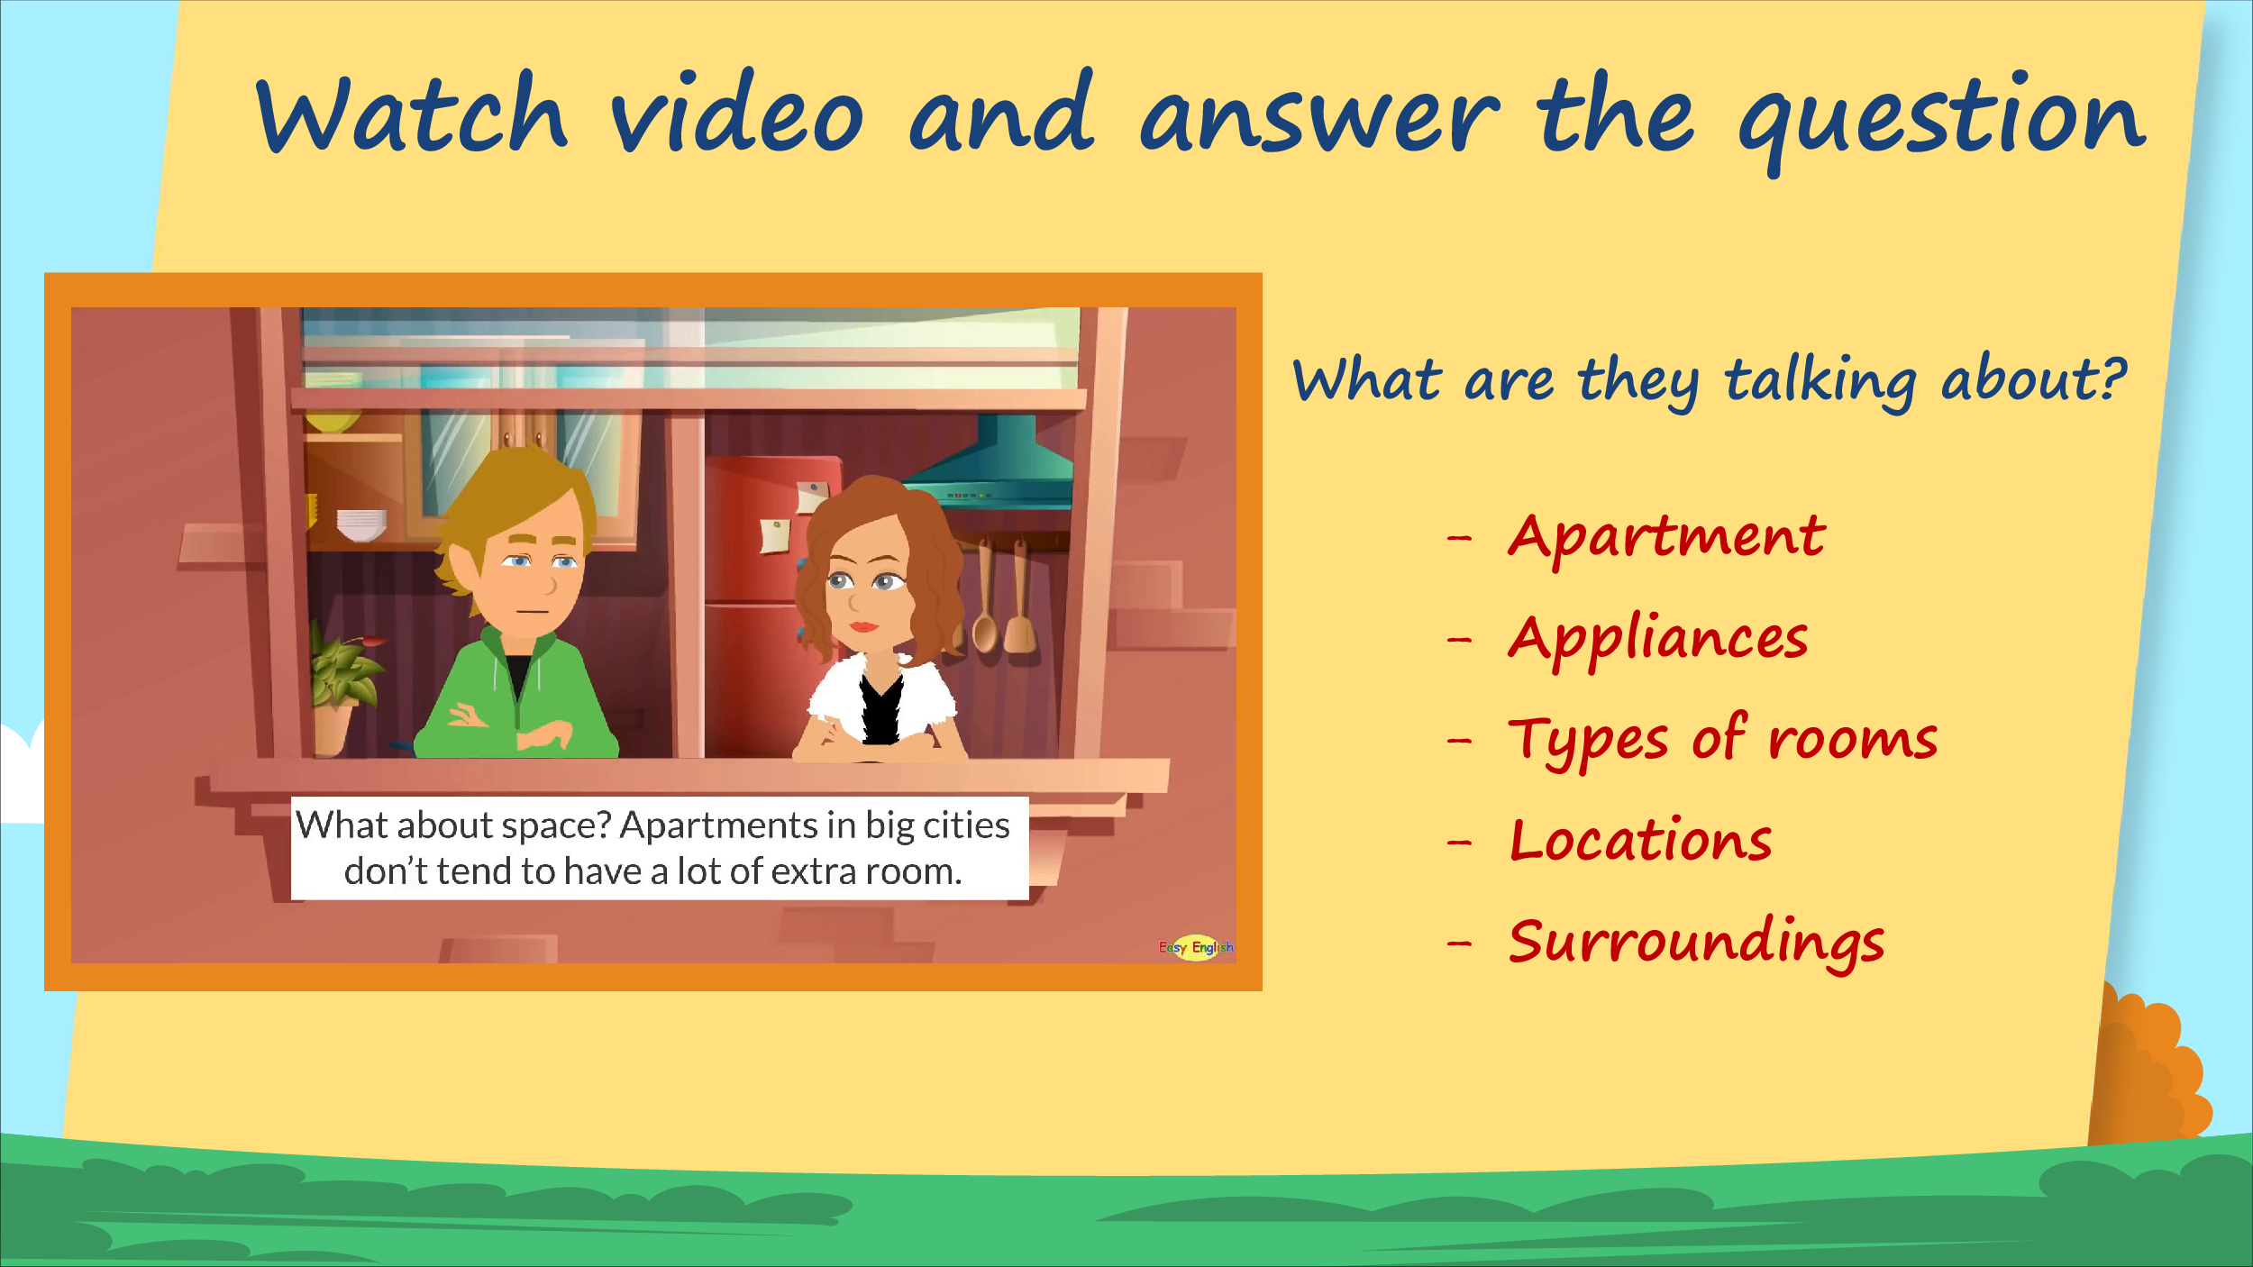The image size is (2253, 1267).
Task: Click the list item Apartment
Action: point(1667,538)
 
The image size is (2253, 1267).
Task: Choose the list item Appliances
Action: point(1658,640)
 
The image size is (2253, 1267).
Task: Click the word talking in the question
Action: point(1820,382)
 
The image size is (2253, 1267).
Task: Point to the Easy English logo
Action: point(1196,947)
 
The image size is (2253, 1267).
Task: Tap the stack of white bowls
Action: point(361,525)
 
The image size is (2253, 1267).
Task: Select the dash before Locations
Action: point(1459,843)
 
